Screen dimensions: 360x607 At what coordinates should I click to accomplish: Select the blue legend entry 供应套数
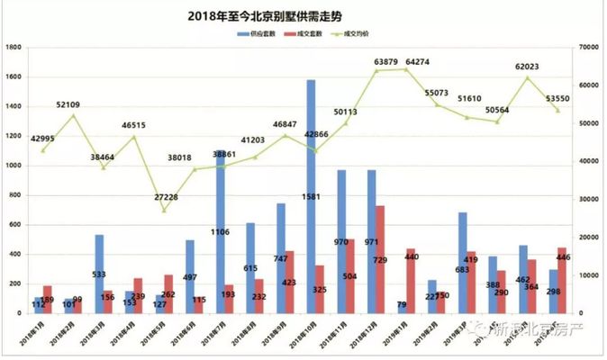[257, 33]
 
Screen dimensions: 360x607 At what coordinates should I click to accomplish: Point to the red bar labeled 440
[411, 280]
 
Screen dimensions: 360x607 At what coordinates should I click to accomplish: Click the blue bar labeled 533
[99, 274]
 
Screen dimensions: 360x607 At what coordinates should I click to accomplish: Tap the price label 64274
[417, 62]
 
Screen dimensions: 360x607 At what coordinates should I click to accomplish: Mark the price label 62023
[527, 66]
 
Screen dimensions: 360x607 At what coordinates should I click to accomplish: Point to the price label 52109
[73, 104]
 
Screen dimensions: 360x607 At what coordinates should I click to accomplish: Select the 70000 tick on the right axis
[590, 48]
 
